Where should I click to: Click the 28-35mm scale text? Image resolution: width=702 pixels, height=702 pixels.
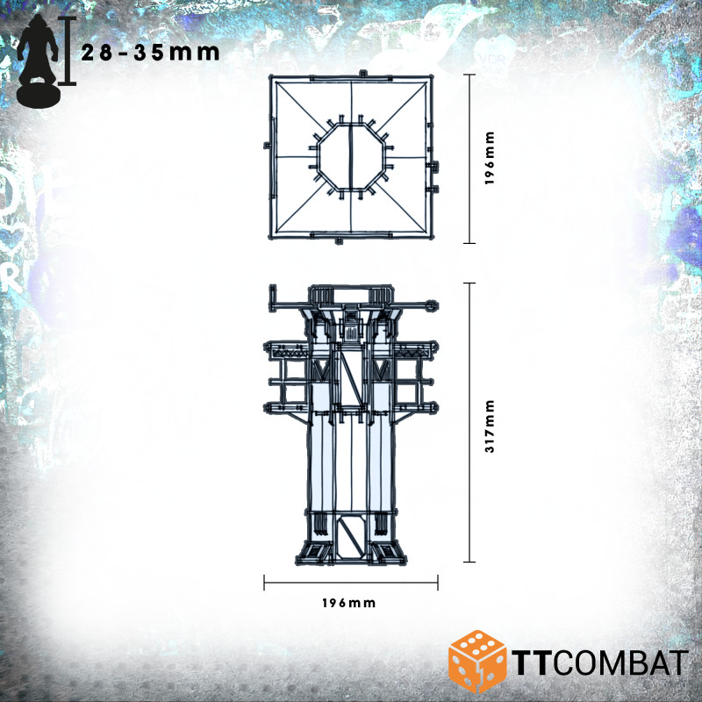coord(149,53)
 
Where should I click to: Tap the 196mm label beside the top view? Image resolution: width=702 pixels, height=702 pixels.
coord(490,159)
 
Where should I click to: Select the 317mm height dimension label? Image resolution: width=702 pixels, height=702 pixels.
coord(490,426)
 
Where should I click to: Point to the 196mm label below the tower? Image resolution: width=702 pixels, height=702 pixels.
coord(348,603)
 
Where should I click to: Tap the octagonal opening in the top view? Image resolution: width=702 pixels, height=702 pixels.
coord(350,159)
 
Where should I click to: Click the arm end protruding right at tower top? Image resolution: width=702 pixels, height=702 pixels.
coord(430,304)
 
